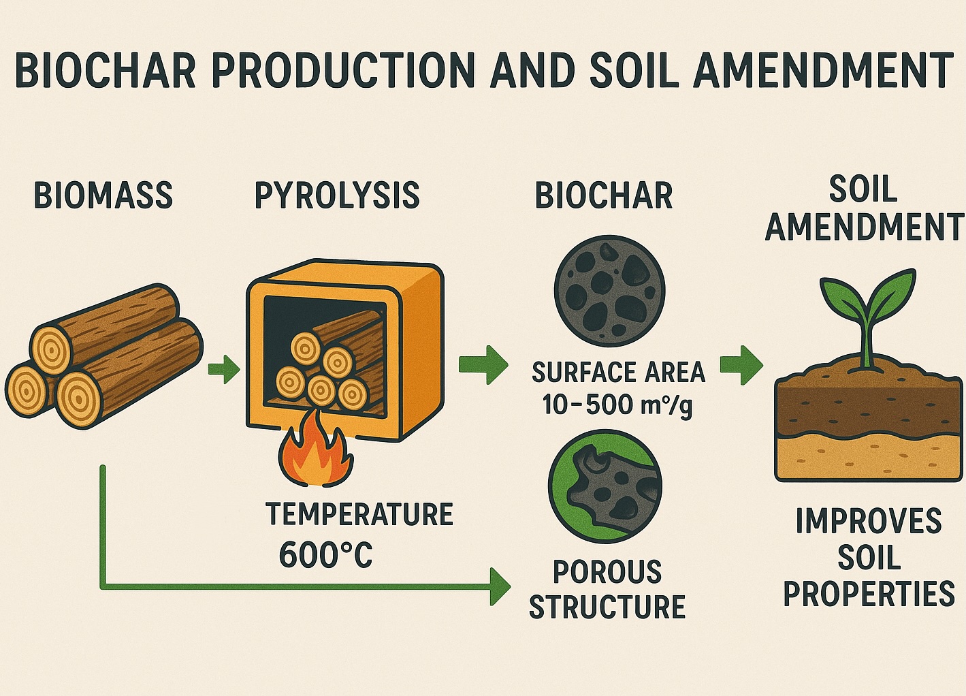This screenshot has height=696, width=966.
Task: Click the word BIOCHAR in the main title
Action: pyautogui.click(x=106, y=70)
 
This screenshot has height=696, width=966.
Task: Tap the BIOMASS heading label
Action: pyautogui.click(x=103, y=195)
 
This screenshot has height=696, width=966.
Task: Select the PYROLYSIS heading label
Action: pyautogui.click(x=337, y=195)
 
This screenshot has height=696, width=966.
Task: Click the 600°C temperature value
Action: pyautogui.click(x=325, y=554)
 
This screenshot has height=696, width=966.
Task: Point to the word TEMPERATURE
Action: pyautogui.click(x=359, y=513)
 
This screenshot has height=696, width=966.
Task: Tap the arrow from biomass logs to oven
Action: pyautogui.click(x=224, y=369)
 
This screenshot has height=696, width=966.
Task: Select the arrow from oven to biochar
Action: pyautogui.click(x=483, y=364)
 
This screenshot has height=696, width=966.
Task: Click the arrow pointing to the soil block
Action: pyautogui.click(x=741, y=365)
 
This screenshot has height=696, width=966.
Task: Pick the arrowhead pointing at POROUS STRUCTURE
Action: pyautogui.click(x=500, y=587)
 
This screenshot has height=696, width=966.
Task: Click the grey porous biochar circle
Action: pyautogui.click(x=609, y=290)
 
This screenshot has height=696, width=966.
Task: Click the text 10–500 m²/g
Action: pyautogui.click(x=617, y=406)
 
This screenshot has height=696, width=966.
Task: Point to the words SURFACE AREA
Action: pyautogui.click(x=618, y=372)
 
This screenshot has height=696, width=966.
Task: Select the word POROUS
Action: pyautogui.click(x=607, y=572)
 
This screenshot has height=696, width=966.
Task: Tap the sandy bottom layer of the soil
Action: pyautogui.click(x=869, y=458)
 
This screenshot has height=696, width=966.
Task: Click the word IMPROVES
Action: pyautogui.click(x=869, y=521)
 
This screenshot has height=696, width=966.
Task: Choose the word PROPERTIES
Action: pyautogui.click(x=869, y=594)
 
